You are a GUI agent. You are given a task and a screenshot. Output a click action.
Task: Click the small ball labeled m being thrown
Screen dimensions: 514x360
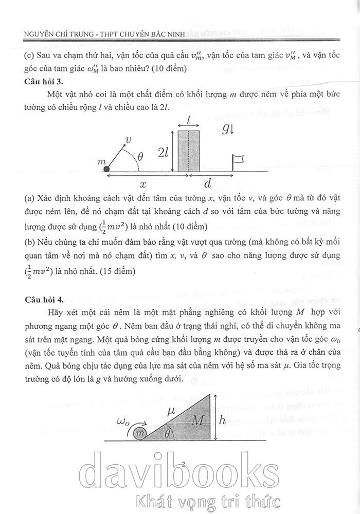106,169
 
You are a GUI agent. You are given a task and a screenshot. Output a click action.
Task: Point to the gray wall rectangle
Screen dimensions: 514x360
189,151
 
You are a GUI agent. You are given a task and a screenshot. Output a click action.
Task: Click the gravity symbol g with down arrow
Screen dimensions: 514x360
228,129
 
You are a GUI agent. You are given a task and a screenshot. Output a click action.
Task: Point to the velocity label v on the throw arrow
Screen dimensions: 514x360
129,139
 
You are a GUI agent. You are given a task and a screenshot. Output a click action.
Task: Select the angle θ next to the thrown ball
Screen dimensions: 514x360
140,157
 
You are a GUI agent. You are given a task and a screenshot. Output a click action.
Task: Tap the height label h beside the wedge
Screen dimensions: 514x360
222,420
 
